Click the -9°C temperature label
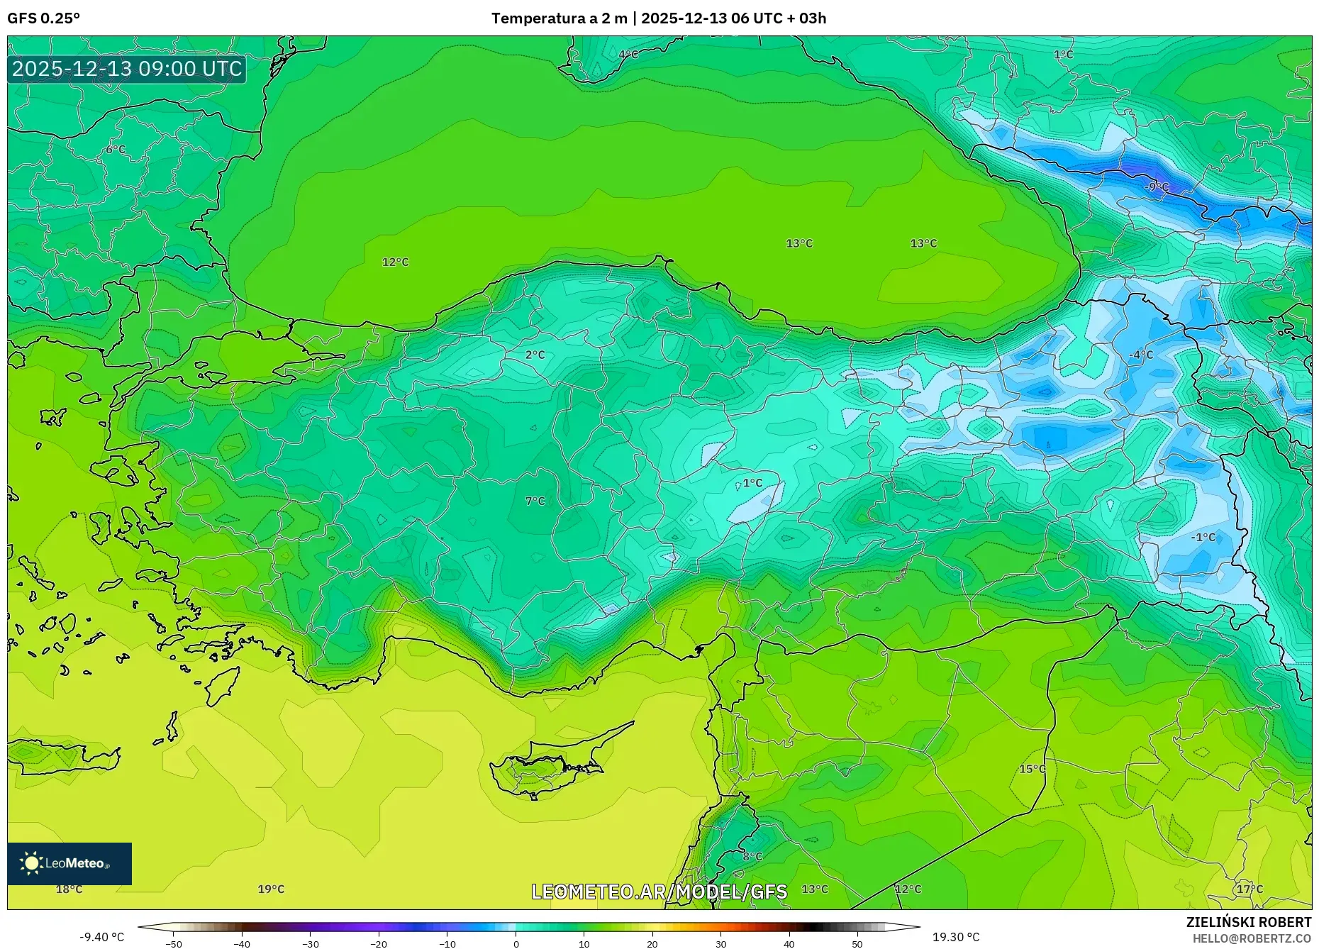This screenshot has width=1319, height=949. pyautogui.click(x=1157, y=187)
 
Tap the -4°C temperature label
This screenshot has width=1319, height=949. pyautogui.click(x=1141, y=355)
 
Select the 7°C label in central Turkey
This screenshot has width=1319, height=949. pyautogui.click(x=535, y=501)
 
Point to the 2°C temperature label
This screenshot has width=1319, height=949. pyautogui.click(x=535, y=355)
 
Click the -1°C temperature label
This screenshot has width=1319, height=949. pyautogui.click(x=1203, y=538)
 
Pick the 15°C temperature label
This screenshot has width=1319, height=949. pyautogui.click(x=1032, y=769)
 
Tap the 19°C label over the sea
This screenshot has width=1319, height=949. pyautogui.click(x=271, y=889)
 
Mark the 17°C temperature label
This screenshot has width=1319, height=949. pyautogui.click(x=1250, y=889)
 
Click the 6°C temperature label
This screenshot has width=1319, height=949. pyautogui.click(x=115, y=150)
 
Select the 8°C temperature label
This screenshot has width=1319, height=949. pyautogui.click(x=752, y=856)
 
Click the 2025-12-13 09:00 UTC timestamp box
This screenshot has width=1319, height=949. pyautogui.click(x=127, y=69)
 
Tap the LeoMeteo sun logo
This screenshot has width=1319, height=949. pyautogui.click(x=32, y=863)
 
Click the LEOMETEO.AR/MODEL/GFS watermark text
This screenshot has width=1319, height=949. pyautogui.click(x=659, y=892)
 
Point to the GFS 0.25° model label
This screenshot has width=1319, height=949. pyautogui.click(x=43, y=18)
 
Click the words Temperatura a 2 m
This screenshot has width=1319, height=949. pyautogui.click(x=559, y=18)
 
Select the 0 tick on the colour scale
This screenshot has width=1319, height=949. pyautogui.click(x=516, y=944)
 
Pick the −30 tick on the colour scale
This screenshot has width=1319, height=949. pyautogui.click(x=310, y=944)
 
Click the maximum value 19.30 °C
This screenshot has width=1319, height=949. pyautogui.click(x=955, y=937)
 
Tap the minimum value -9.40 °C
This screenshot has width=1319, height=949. pyautogui.click(x=101, y=937)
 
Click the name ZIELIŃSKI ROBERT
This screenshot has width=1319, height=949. pyautogui.click(x=1248, y=922)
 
